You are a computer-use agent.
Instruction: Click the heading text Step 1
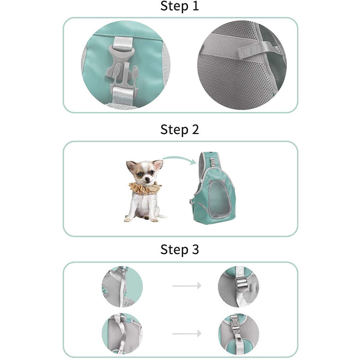coord(180,6)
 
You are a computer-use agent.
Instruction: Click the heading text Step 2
coord(180,130)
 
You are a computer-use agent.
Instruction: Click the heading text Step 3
coord(180,250)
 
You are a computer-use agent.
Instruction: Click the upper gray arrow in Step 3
coord(187,285)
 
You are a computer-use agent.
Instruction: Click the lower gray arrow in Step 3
coord(187,333)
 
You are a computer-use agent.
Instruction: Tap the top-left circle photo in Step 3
coord(122,286)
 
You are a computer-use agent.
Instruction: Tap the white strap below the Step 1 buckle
coord(121,94)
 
